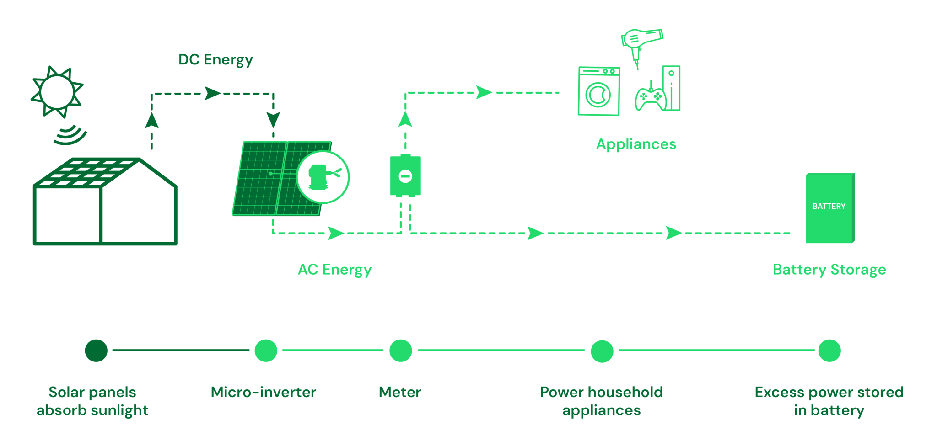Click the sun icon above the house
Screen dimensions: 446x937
(x=57, y=91)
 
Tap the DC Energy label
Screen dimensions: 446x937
(x=215, y=60)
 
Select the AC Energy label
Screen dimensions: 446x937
(x=335, y=270)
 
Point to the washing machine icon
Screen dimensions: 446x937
(x=598, y=91)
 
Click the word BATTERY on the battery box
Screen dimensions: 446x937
(x=829, y=206)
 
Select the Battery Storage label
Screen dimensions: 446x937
(x=829, y=270)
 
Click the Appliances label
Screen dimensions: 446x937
(x=635, y=144)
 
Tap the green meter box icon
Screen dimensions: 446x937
(x=405, y=176)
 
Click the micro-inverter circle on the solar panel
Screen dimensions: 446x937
(x=323, y=177)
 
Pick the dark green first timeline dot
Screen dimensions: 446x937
(x=96, y=350)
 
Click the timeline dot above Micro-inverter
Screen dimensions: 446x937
(x=266, y=350)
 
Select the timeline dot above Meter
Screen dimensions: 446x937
(x=401, y=350)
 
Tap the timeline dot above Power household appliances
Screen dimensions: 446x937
(x=602, y=351)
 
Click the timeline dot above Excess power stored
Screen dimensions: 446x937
(x=829, y=350)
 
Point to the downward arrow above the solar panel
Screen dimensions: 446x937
(x=273, y=120)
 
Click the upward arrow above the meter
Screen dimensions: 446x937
(x=405, y=119)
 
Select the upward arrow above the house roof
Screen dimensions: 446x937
(x=152, y=121)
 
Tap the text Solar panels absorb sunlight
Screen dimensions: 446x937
(x=92, y=401)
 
